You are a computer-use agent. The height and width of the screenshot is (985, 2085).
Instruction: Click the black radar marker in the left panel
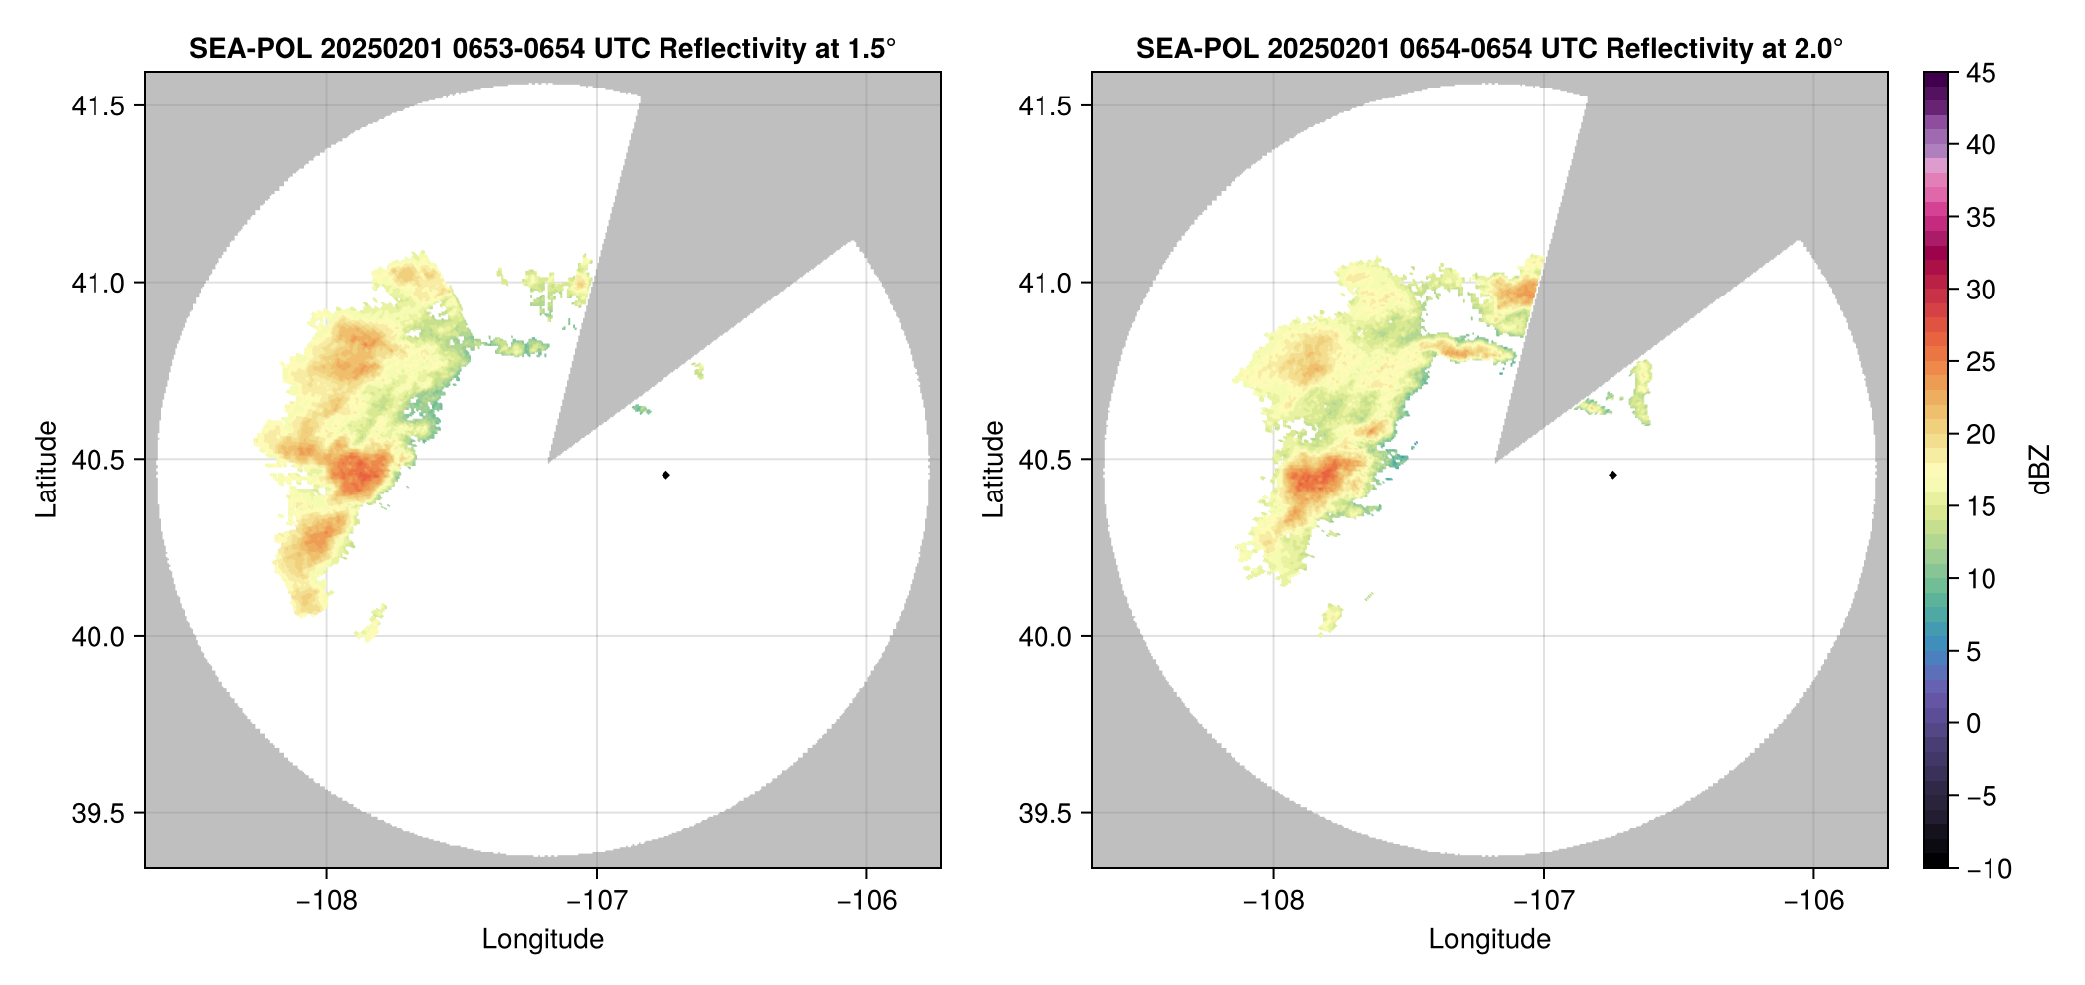click(665, 475)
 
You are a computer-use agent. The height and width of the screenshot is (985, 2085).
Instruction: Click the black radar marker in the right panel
click(1612, 475)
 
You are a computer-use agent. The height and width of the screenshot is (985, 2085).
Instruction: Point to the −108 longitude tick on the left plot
click(326, 901)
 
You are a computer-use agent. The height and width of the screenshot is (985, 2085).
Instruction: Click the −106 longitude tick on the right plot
click(1813, 901)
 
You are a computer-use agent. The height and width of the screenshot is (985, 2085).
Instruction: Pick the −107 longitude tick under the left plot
click(596, 901)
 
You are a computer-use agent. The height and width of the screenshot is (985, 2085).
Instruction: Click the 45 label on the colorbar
click(1981, 73)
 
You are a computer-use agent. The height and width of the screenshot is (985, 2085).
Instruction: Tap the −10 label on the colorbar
click(1989, 869)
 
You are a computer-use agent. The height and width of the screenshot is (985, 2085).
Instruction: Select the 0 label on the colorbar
click(1974, 723)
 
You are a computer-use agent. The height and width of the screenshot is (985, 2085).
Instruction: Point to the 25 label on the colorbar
click(1981, 362)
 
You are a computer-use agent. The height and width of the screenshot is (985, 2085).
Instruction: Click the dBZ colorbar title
click(2040, 469)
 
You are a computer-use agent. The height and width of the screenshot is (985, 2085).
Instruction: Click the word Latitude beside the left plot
click(46, 469)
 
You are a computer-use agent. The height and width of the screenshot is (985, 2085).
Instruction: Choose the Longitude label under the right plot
click(1489, 939)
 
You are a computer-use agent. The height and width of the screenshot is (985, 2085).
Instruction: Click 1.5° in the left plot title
click(872, 48)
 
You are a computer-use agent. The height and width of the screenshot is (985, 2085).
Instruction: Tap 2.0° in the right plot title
click(1819, 48)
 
